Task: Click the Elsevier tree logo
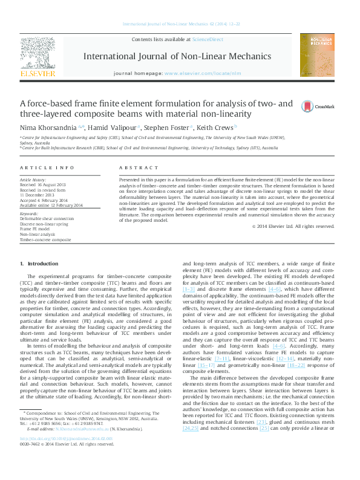coord(38,54)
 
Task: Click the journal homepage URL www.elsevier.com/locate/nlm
coord(197,73)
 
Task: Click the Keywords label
coord(30,213)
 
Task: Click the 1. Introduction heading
coord(39,264)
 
